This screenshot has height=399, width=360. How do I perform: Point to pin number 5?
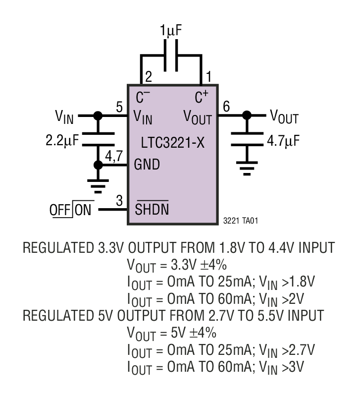(x=119, y=107)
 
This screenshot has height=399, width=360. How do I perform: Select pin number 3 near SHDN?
(x=119, y=201)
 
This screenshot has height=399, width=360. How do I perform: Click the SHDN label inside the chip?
(x=152, y=210)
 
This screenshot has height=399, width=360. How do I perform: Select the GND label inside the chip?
(x=147, y=165)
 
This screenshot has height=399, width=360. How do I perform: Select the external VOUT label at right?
(x=284, y=117)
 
